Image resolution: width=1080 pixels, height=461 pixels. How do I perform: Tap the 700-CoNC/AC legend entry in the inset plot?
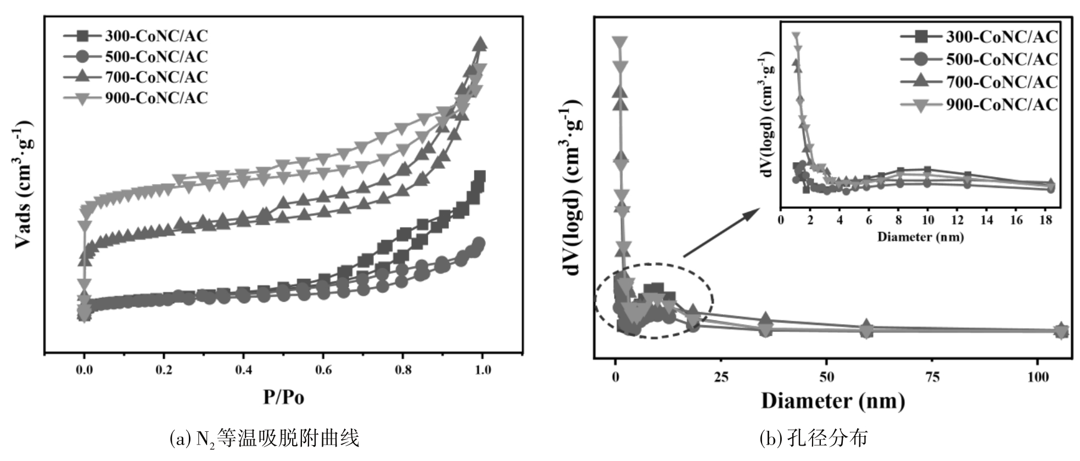click(979, 82)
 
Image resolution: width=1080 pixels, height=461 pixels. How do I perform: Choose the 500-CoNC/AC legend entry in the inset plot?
click(979, 59)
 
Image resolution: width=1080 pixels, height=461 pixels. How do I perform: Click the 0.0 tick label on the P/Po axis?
click(84, 370)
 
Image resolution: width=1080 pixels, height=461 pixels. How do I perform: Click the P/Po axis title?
click(283, 397)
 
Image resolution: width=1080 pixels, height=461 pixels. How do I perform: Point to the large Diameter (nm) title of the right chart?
click(832, 401)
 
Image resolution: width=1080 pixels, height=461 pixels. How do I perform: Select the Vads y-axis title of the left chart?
click(25, 187)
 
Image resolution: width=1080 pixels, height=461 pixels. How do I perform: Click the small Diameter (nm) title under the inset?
click(921, 237)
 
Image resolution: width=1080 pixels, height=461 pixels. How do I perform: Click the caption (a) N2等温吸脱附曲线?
click(265, 439)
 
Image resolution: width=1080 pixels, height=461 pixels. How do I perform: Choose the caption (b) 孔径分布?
click(814, 439)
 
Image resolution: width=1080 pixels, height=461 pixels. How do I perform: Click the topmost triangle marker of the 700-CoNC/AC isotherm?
click(480, 44)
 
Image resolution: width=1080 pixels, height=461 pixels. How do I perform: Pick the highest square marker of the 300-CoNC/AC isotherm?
click(480, 177)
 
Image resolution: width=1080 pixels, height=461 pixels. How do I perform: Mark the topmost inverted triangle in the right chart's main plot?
click(620, 43)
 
